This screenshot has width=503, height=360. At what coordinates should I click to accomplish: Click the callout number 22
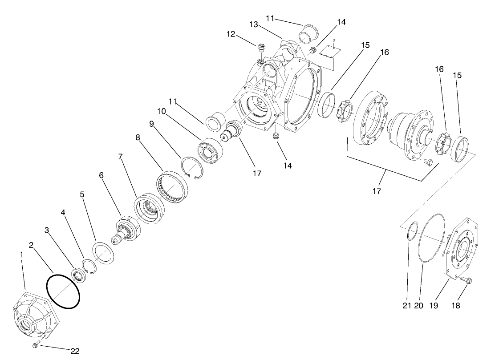coord(74,351)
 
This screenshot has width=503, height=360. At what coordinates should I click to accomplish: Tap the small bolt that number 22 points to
coord(36,344)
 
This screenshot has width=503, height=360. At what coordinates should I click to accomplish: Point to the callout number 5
coord(82,194)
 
